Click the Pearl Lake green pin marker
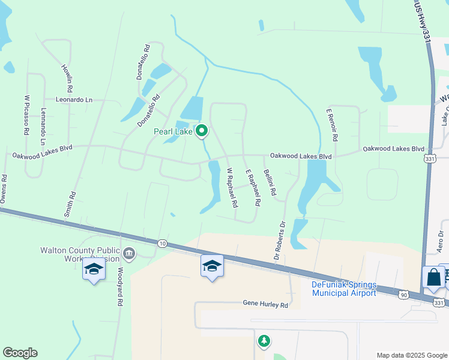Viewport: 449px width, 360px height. click(x=202, y=130)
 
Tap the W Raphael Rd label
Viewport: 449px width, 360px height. click(x=231, y=188)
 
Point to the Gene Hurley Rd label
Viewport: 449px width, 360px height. click(x=265, y=305)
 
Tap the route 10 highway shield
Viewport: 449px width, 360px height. click(x=163, y=243)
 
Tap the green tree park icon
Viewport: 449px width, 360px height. click(x=263, y=341)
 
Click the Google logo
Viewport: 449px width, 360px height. click(x=20, y=353)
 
